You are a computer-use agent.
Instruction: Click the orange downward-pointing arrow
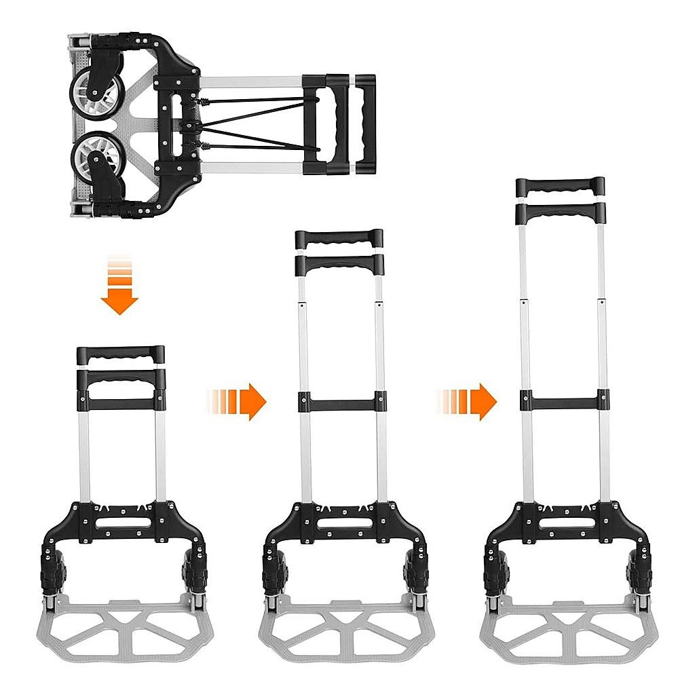click(119, 299)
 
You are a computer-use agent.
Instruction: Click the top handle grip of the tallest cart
click(560, 185)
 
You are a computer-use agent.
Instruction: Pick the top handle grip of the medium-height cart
click(339, 238)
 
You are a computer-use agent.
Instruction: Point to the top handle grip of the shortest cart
click(121, 354)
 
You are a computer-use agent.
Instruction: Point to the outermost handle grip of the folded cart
click(365, 122)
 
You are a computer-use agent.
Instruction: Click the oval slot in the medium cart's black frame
click(343, 523)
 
